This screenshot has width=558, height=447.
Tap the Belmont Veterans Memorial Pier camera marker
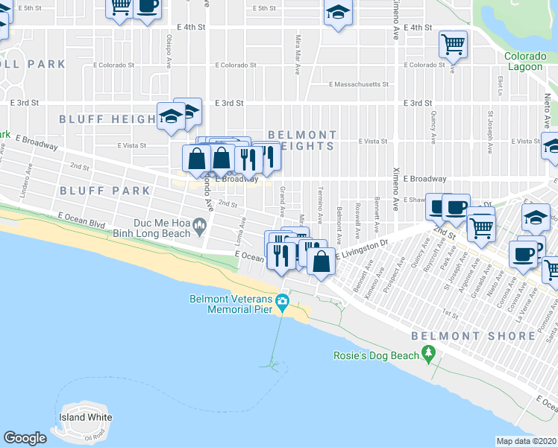click(x=281, y=302)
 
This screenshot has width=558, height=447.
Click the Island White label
click(x=87, y=417)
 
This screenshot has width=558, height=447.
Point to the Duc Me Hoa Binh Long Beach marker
click(x=199, y=223)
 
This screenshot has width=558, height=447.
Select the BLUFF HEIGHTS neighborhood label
click(x=107, y=119)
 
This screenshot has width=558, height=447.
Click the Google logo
click(x=25, y=438)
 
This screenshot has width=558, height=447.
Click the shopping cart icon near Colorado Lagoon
click(x=453, y=44)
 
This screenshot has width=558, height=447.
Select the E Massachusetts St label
click(x=359, y=84)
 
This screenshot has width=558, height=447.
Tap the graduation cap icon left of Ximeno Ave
click(x=338, y=13)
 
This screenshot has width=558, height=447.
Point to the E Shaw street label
click(x=416, y=200)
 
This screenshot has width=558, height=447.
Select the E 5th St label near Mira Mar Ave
click(x=265, y=8)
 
